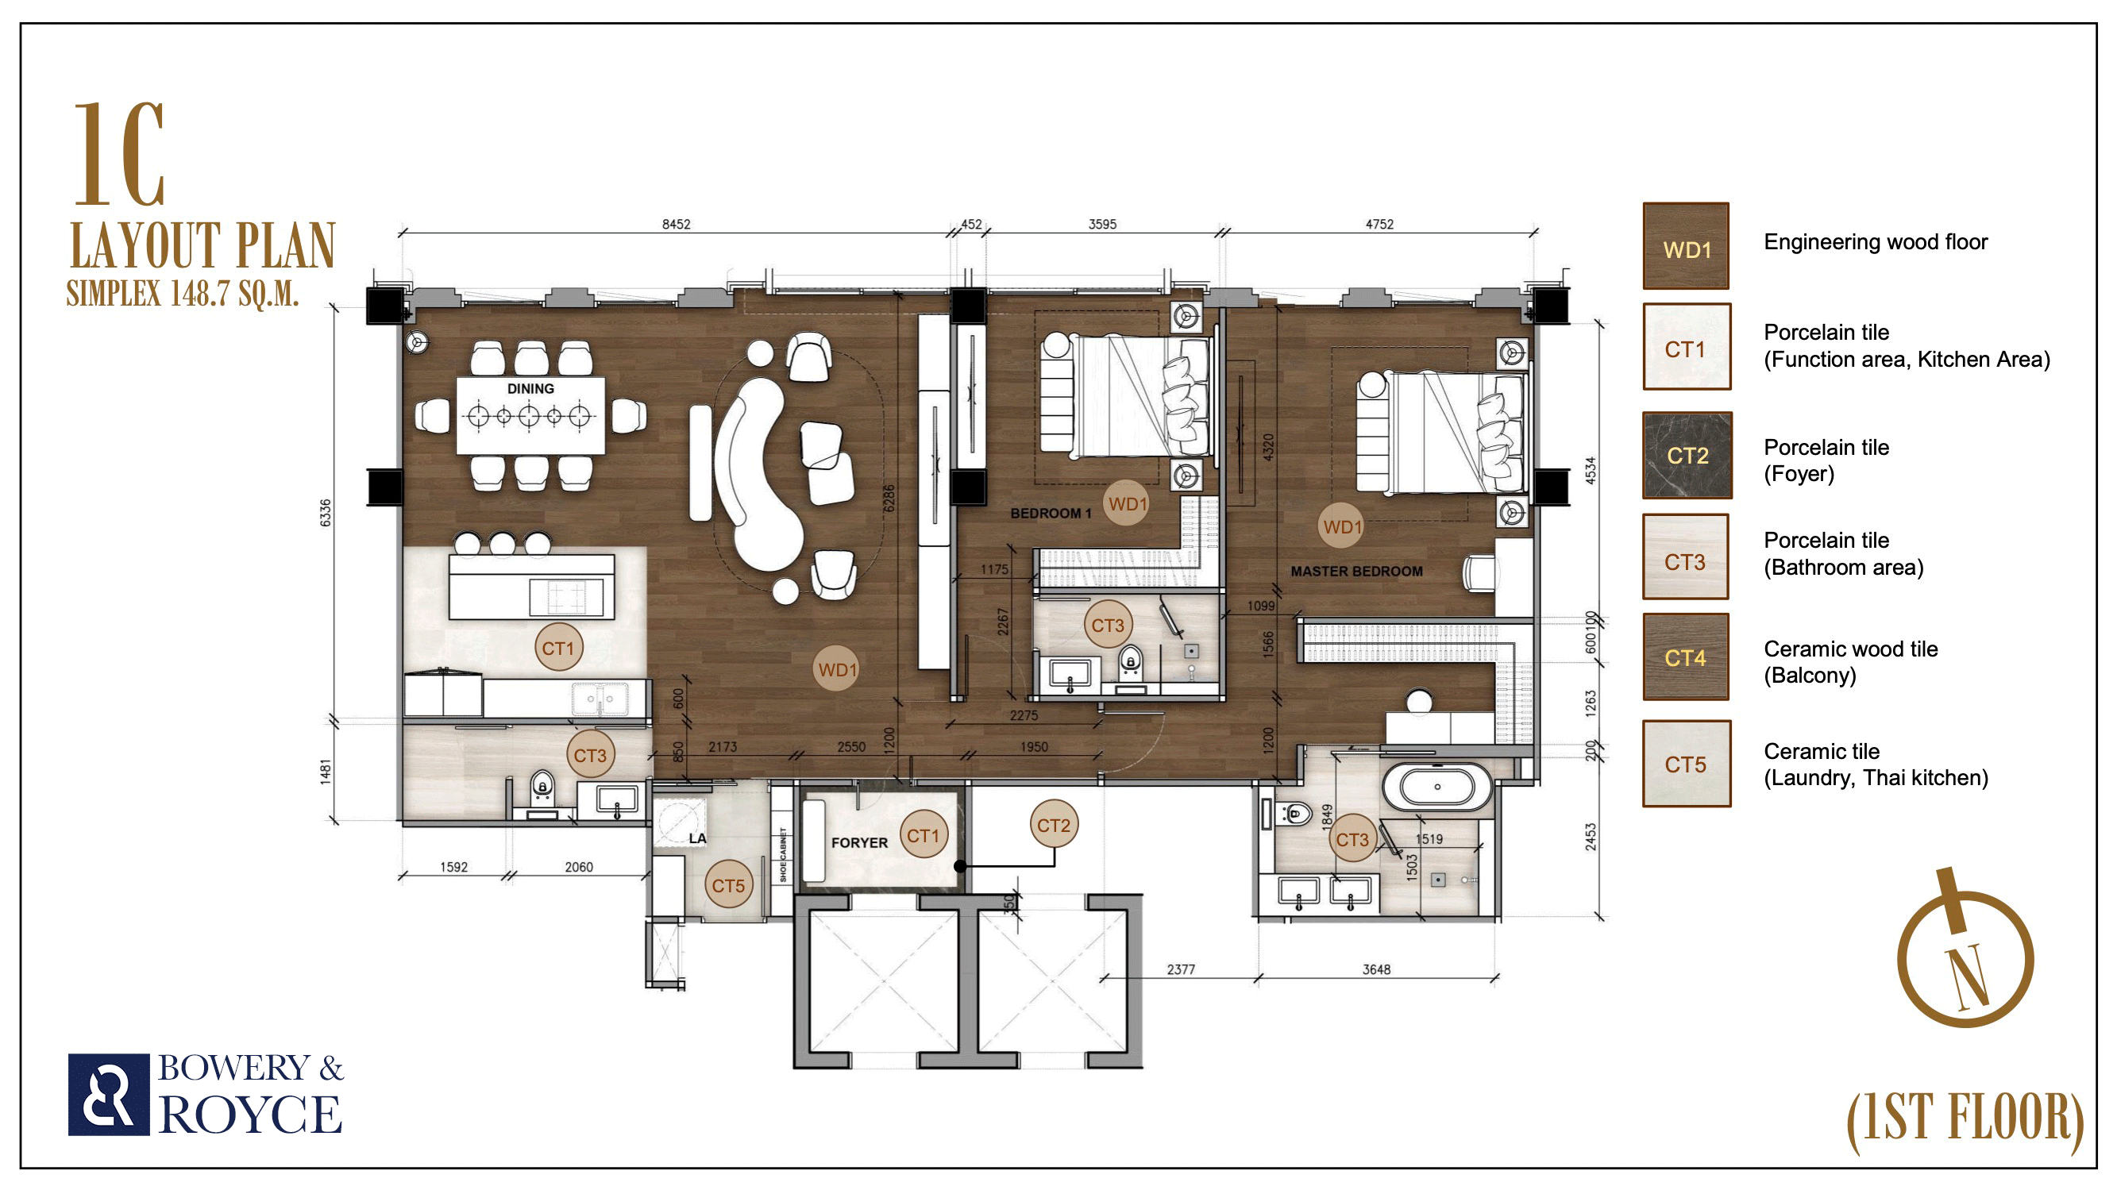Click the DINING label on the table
pyautogui.click(x=530, y=389)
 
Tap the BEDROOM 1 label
pyautogui.click(x=1051, y=514)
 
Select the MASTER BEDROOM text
pyautogui.click(x=1356, y=571)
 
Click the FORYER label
pyautogui.click(x=859, y=842)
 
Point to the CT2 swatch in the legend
pyautogui.click(x=1687, y=456)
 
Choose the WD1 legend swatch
pyautogui.click(x=1686, y=246)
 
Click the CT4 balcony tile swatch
pyautogui.click(x=1686, y=657)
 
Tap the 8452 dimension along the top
pyautogui.click(x=677, y=225)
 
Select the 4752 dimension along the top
pyautogui.click(x=1379, y=225)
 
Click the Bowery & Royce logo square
pyautogui.click(x=109, y=1095)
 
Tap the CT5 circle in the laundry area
pyautogui.click(x=728, y=885)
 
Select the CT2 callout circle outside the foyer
pyautogui.click(x=1054, y=824)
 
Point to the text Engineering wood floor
pyautogui.click(x=1876, y=242)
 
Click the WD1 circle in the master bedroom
pyautogui.click(x=1342, y=527)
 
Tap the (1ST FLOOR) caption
pyautogui.click(x=1965, y=1121)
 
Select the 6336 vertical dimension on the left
pyautogui.click(x=326, y=512)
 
